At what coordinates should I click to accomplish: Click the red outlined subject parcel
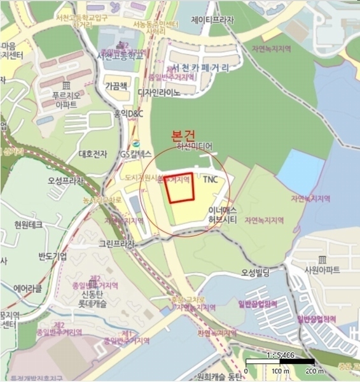(179, 188)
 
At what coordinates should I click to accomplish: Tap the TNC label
(210, 180)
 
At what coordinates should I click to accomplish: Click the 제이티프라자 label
(212, 20)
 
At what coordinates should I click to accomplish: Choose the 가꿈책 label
(116, 85)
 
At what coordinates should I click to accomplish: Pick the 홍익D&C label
(129, 114)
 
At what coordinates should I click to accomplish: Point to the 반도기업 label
(52, 256)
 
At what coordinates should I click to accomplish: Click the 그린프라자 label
(116, 244)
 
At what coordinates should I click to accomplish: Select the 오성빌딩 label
(255, 273)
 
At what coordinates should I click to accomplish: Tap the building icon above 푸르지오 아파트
(66, 86)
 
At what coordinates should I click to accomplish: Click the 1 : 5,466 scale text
(280, 355)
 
